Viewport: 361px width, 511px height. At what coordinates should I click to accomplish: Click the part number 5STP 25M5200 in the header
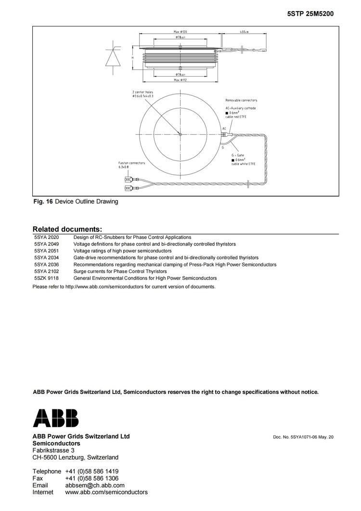click(x=310, y=14)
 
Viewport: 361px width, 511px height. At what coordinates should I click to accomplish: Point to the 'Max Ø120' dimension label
click(x=180, y=32)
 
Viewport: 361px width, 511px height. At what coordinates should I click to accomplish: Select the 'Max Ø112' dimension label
click(x=180, y=80)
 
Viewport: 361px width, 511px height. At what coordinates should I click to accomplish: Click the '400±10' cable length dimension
click(x=244, y=32)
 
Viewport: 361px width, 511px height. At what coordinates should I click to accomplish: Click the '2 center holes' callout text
click(x=143, y=92)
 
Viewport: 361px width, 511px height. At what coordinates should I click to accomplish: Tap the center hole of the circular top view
click(x=180, y=134)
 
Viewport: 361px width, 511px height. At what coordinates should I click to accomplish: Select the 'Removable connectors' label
click(x=241, y=100)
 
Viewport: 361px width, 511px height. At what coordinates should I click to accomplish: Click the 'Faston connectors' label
click(x=131, y=163)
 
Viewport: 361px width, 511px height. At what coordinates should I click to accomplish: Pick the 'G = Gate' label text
click(x=238, y=156)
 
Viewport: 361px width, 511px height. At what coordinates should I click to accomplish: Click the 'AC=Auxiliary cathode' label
click(x=241, y=108)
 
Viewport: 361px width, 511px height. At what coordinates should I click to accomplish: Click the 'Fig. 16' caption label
click(x=42, y=201)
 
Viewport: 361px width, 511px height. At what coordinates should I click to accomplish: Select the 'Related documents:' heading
click(x=67, y=229)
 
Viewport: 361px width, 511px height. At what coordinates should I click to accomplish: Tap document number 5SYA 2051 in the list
click(x=46, y=251)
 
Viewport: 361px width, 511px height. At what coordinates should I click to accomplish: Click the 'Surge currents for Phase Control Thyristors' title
click(x=121, y=271)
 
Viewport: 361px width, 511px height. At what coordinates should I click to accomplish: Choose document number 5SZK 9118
click(x=46, y=278)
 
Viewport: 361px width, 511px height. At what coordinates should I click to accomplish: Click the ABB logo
click(x=55, y=418)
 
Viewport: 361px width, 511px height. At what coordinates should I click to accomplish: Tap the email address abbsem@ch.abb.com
click(x=95, y=485)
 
